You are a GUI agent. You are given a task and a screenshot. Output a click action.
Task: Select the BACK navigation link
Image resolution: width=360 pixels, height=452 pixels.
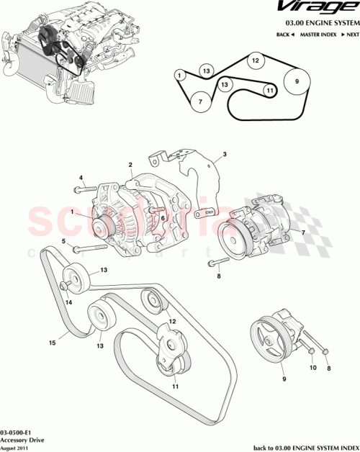pos(287,35)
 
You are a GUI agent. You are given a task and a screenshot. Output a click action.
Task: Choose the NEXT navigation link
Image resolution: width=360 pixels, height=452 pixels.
pos(350,35)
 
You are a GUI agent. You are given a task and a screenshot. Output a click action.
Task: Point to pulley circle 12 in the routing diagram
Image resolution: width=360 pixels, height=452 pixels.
pos(254,62)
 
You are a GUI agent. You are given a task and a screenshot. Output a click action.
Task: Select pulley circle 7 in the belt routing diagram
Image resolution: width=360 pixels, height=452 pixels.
pos(201,102)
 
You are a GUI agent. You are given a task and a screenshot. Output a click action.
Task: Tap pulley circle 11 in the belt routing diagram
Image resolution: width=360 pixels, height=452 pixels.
pos(269,91)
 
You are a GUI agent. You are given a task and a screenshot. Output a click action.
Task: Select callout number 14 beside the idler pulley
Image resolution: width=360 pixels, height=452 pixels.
pos(69,302)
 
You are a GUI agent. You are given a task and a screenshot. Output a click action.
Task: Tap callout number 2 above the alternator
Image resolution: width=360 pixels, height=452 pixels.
pos(130,164)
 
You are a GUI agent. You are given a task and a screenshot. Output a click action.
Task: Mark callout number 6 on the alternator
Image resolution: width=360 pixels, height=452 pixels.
pos(164,217)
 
